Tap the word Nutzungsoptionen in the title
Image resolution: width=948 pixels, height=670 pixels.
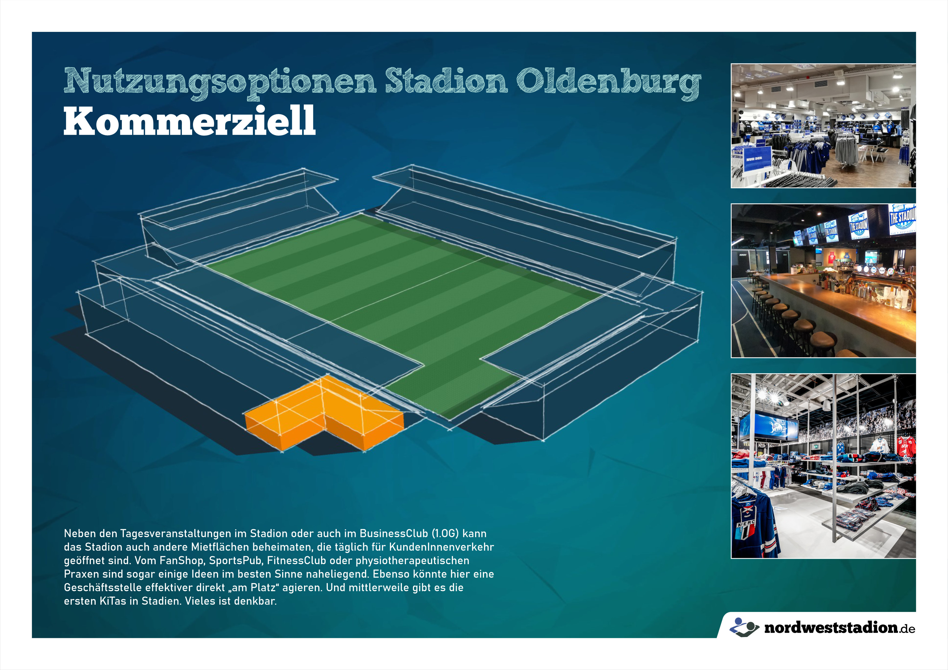(x=220, y=83)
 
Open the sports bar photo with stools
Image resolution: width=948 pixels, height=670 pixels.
(x=823, y=281)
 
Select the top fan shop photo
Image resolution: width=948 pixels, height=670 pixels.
(x=823, y=126)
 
